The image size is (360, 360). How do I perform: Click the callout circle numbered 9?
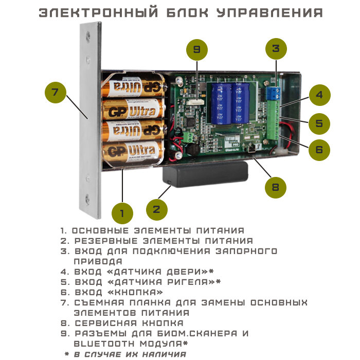point(197,50)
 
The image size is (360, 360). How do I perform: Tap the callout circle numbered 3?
point(276,49)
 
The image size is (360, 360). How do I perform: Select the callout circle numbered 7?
point(56,92)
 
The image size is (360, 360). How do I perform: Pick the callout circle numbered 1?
point(122,213)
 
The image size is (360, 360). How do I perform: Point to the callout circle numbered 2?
point(157,210)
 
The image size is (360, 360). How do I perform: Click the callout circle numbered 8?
point(276,187)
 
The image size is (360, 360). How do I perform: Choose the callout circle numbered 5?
point(319,124)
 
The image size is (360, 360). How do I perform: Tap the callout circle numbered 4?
point(319,95)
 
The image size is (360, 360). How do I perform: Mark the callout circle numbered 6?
point(319,150)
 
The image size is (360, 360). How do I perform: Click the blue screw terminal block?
point(274,93)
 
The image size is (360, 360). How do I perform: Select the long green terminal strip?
point(274,120)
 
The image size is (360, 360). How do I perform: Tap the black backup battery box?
point(205,174)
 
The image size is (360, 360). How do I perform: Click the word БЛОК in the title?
point(188,13)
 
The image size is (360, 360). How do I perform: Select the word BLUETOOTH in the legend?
point(104,344)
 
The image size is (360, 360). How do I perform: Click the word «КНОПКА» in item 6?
point(135,292)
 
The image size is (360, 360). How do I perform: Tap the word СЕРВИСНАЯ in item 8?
point(106,323)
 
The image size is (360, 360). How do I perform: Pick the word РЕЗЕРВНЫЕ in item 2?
point(106,241)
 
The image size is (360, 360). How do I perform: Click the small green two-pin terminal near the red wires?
point(188,137)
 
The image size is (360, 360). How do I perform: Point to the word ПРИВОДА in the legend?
point(98,261)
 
